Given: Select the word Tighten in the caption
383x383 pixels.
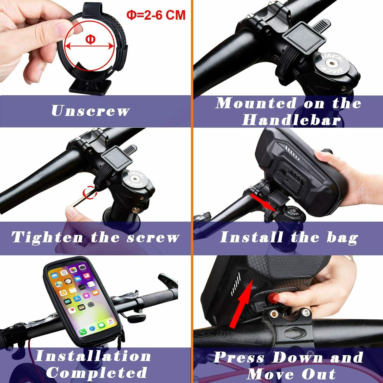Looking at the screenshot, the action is point(47,237).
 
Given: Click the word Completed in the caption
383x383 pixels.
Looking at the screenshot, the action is point(97,372).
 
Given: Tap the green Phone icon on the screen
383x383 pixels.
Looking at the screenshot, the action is point(82,332).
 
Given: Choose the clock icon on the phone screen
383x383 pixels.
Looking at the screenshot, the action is point(68,282).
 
